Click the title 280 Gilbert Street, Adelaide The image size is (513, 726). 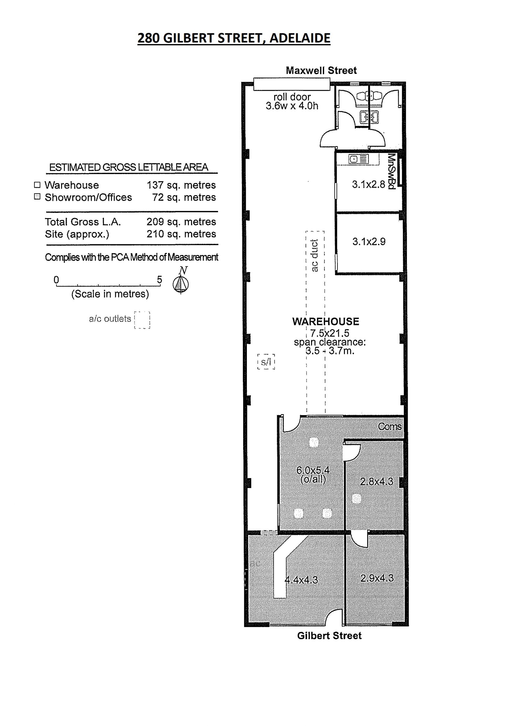pos(234,38)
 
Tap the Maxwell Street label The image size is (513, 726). pos(321,70)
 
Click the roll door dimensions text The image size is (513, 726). pos(292,101)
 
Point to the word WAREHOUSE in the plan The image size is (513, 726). pos(325,321)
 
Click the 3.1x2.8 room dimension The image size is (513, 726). pos(368,184)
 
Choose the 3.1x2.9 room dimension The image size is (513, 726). pos(369,242)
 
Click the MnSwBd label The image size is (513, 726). pos(392,171)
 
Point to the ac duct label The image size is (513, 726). pos(314,256)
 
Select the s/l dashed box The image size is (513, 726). pos(266,362)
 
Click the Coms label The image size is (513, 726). pos(390,427)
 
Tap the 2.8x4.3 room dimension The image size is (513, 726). pos(376,482)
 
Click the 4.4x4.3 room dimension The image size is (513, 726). pos(301,580)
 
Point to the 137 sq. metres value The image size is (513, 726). pos(181,185)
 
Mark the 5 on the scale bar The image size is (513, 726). pos(160,280)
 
